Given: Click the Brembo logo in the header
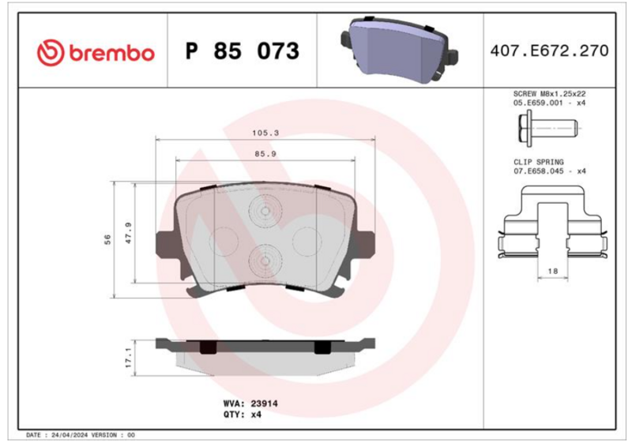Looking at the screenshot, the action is click(96, 53).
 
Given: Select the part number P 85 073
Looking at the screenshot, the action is click(243, 51).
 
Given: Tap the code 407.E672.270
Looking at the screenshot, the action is click(549, 51).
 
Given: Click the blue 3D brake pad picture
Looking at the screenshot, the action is click(400, 50).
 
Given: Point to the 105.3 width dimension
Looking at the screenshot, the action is click(265, 133).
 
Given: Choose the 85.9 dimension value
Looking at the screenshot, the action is click(265, 154).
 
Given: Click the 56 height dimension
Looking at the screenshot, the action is click(107, 239).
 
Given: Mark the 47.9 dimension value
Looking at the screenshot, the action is click(129, 233).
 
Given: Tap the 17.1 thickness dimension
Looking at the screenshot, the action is click(129, 358).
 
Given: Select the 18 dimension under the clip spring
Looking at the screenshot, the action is click(552, 272).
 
